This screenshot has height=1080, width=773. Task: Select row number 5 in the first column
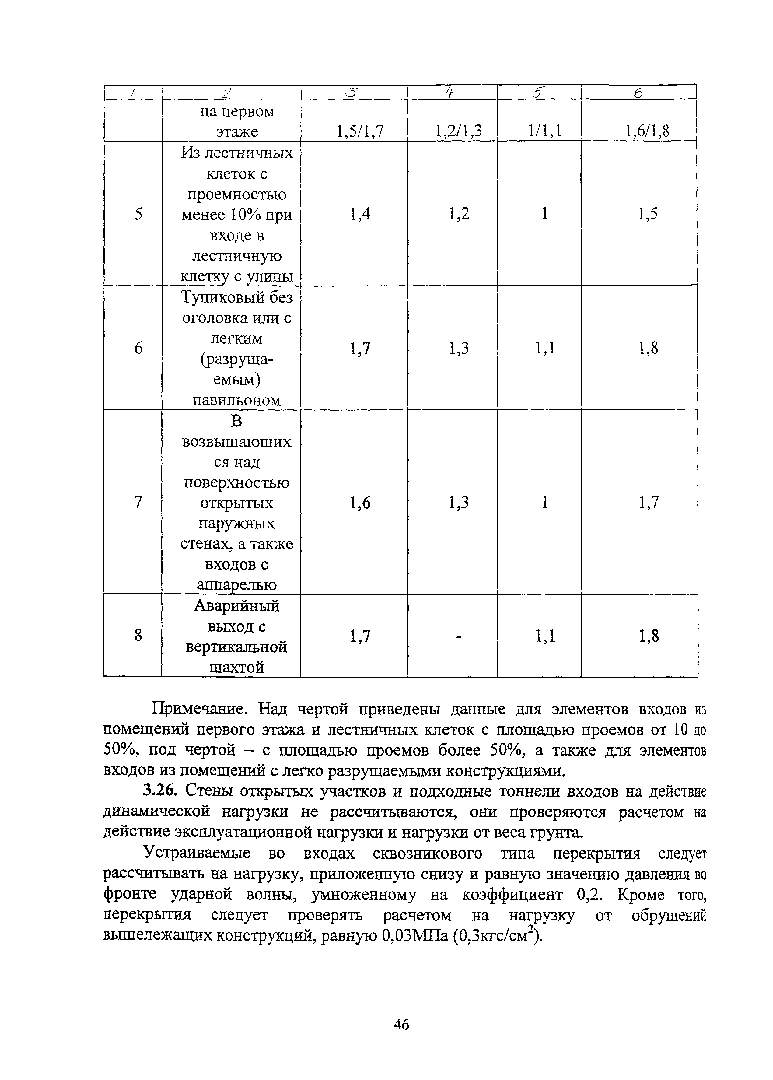click(138, 214)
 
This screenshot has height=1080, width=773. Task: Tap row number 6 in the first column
click(138, 349)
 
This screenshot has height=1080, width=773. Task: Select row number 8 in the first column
click(138, 636)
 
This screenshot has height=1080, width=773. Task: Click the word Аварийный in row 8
click(236, 606)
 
